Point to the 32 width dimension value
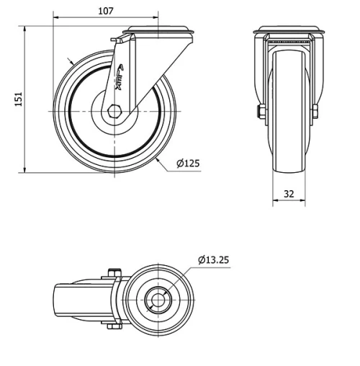288,194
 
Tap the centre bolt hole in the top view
156,298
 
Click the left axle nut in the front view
260,112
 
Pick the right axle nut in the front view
315,112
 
